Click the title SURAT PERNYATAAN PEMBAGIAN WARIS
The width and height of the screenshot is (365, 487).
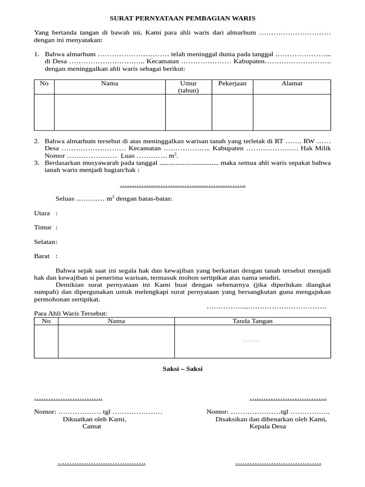pyautogui.click(x=182, y=18)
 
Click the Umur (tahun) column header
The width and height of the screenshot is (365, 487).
pyautogui.click(x=188, y=87)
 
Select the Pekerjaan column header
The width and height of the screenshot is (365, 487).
pyautogui.click(x=232, y=84)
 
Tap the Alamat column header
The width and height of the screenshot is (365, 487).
pyautogui.click(x=292, y=84)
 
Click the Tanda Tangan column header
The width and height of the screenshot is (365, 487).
pyautogui.click(x=252, y=321)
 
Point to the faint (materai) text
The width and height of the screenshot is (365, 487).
pyautogui.click(x=251, y=341)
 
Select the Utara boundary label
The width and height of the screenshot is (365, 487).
pyautogui.click(x=42, y=214)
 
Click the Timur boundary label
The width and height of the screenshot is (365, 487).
pyautogui.click(x=42, y=228)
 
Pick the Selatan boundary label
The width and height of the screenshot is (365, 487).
pyautogui.click(x=45, y=242)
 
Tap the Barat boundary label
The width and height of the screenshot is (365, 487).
pyautogui.click(x=42, y=256)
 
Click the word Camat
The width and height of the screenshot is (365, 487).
pyautogui.click(x=92, y=427)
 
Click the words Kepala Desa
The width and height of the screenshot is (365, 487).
pyautogui.click(x=268, y=427)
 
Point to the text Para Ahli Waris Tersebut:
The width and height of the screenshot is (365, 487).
pyautogui.click(x=71, y=313)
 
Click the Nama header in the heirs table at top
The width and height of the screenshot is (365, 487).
pyautogui.click(x=109, y=84)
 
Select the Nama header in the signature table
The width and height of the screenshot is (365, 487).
pyautogui.click(x=116, y=321)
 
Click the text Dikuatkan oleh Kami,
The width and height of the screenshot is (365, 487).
pyautogui.click(x=95, y=419)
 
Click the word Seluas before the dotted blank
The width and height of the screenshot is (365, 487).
pyautogui.click(x=65, y=199)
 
